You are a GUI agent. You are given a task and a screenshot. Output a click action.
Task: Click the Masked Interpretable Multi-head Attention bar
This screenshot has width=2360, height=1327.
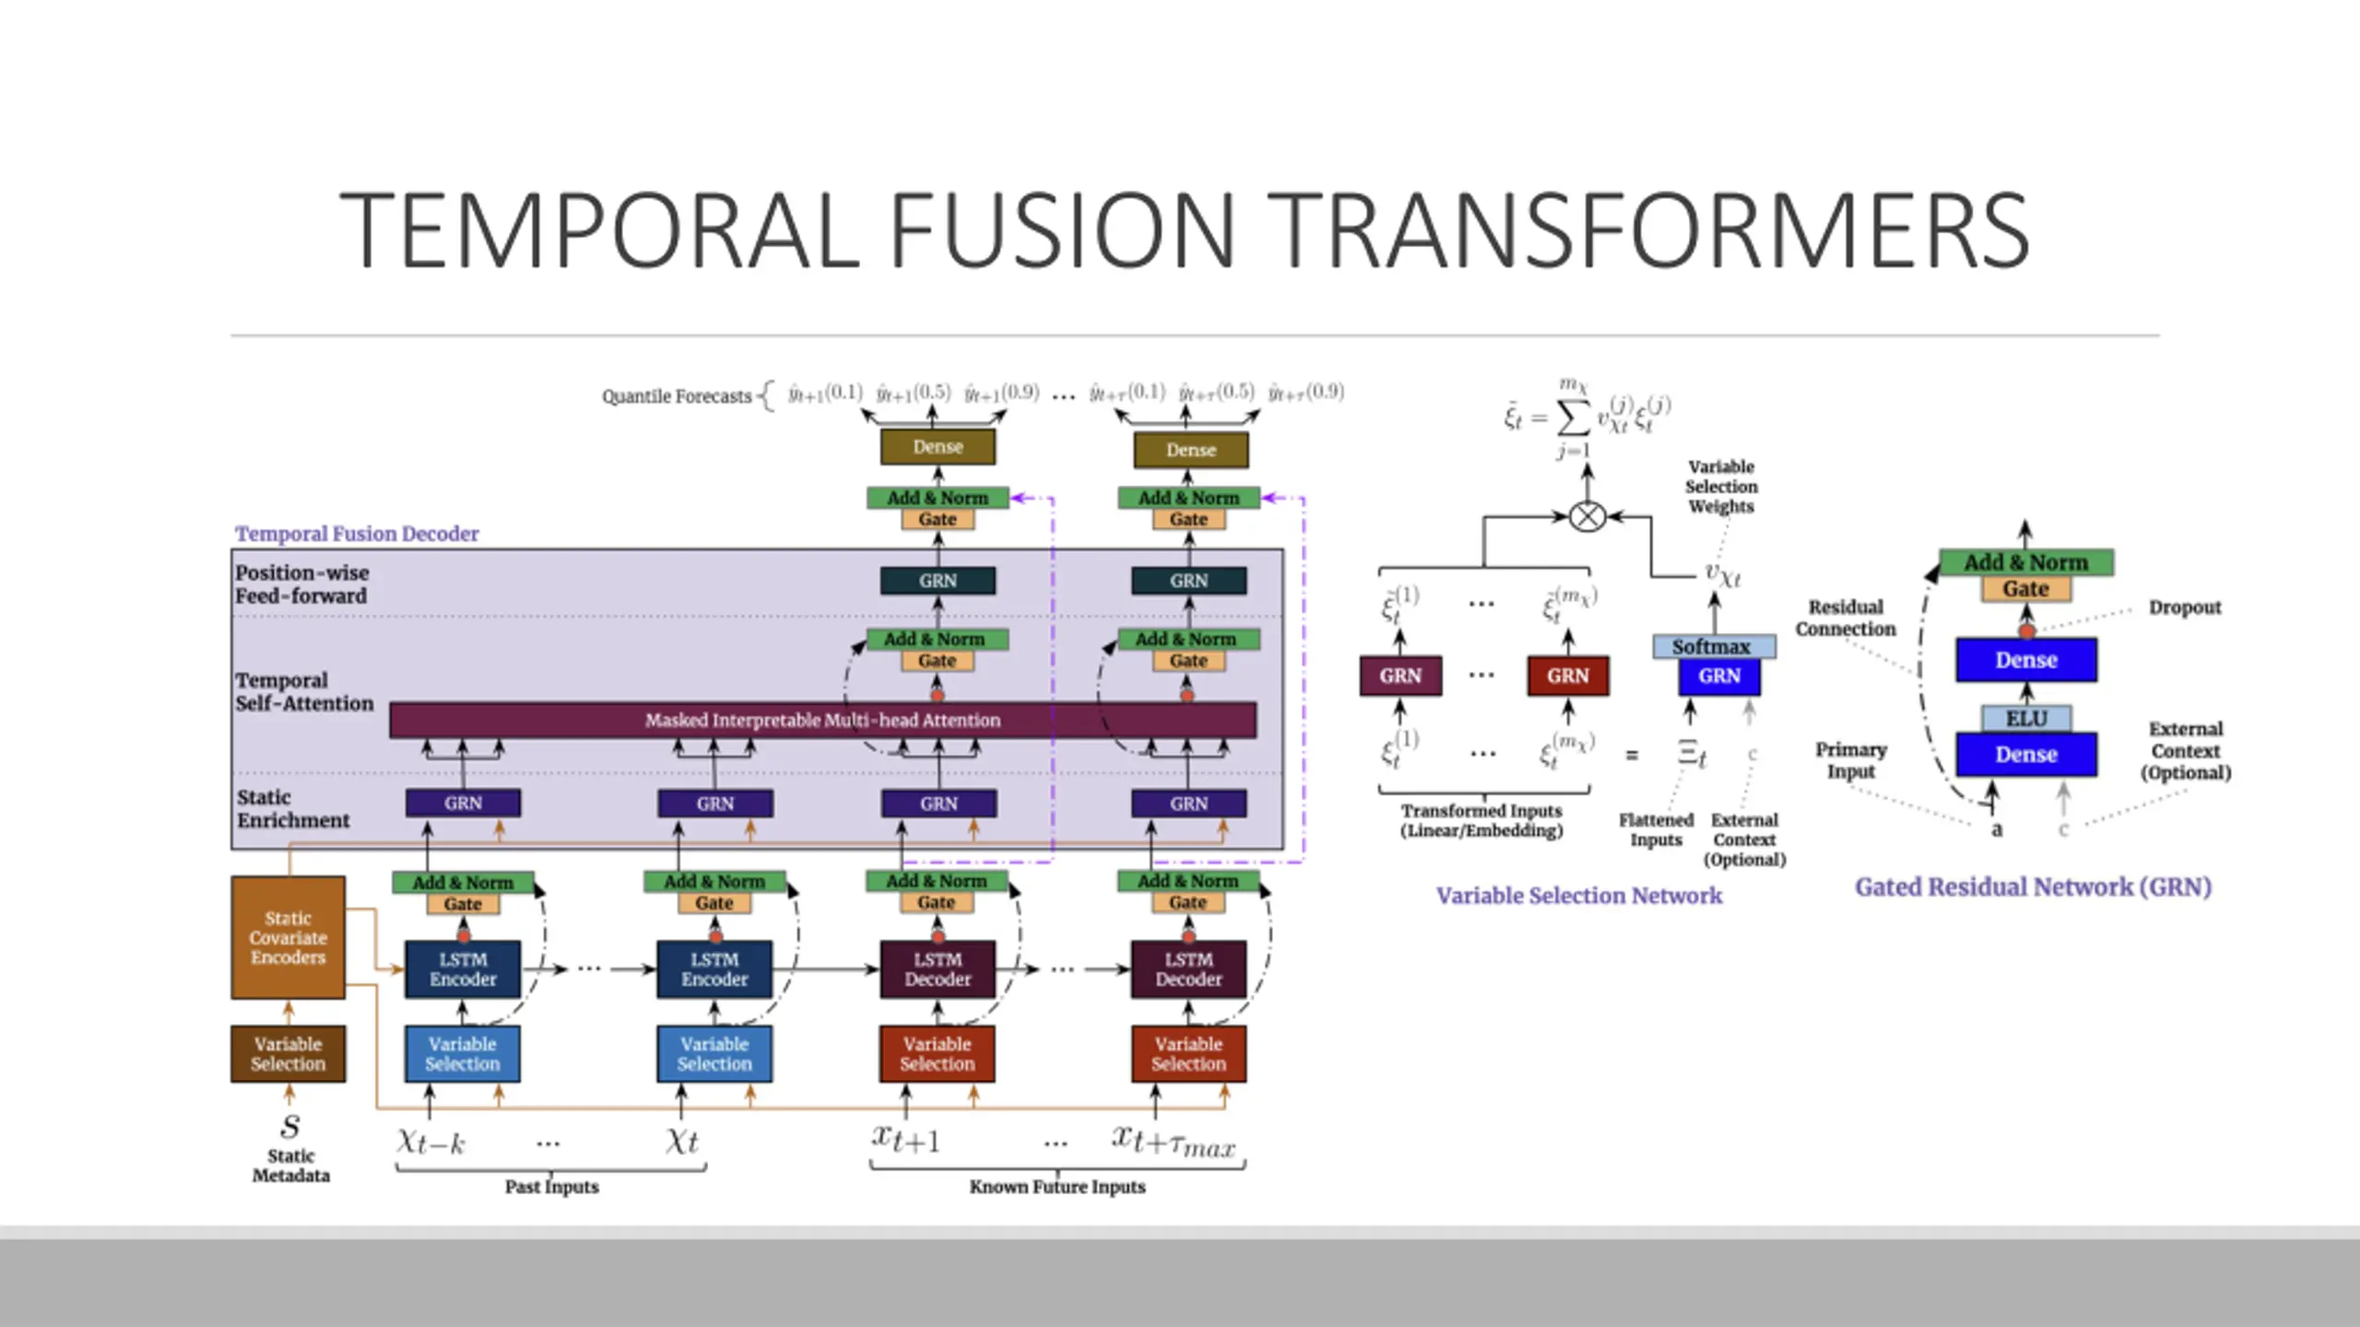(822, 720)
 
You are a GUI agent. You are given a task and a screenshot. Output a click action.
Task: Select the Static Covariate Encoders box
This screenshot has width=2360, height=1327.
(288, 937)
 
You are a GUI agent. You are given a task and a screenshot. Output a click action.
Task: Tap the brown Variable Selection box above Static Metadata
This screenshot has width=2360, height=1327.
(288, 1053)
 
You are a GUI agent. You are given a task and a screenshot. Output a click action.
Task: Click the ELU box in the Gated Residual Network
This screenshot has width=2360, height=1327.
(2025, 718)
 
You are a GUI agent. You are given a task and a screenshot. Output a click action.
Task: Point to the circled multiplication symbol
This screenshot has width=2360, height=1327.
(1587, 516)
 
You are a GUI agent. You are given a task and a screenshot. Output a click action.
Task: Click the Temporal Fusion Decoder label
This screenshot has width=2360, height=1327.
(357, 534)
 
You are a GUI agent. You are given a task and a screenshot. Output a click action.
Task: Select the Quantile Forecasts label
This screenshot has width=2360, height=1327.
(677, 396)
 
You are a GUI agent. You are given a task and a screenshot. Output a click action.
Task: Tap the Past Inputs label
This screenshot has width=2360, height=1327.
(551, 1187)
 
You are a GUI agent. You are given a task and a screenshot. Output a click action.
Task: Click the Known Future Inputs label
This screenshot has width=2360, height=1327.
(1056, 1187)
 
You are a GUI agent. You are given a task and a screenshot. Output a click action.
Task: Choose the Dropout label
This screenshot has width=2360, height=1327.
(2184, 607)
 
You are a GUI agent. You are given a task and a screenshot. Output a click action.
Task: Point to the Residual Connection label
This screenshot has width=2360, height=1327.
(1845, 617)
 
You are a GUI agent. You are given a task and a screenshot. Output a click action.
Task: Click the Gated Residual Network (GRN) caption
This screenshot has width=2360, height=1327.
(2033, 887)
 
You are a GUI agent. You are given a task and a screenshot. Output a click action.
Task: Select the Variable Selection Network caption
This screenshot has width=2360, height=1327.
(1578, 895)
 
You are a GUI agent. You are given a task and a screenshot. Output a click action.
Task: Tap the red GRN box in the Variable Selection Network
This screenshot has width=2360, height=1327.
(1567, 675)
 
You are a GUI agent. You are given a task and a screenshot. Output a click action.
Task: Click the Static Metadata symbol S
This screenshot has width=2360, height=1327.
(290, 1126)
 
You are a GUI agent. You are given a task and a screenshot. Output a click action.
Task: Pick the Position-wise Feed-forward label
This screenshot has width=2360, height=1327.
(301, 584)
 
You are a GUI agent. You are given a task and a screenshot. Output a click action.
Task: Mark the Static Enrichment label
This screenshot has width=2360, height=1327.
(293, 808)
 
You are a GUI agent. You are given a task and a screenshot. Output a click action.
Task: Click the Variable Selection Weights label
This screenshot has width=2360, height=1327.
(1720, 487)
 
